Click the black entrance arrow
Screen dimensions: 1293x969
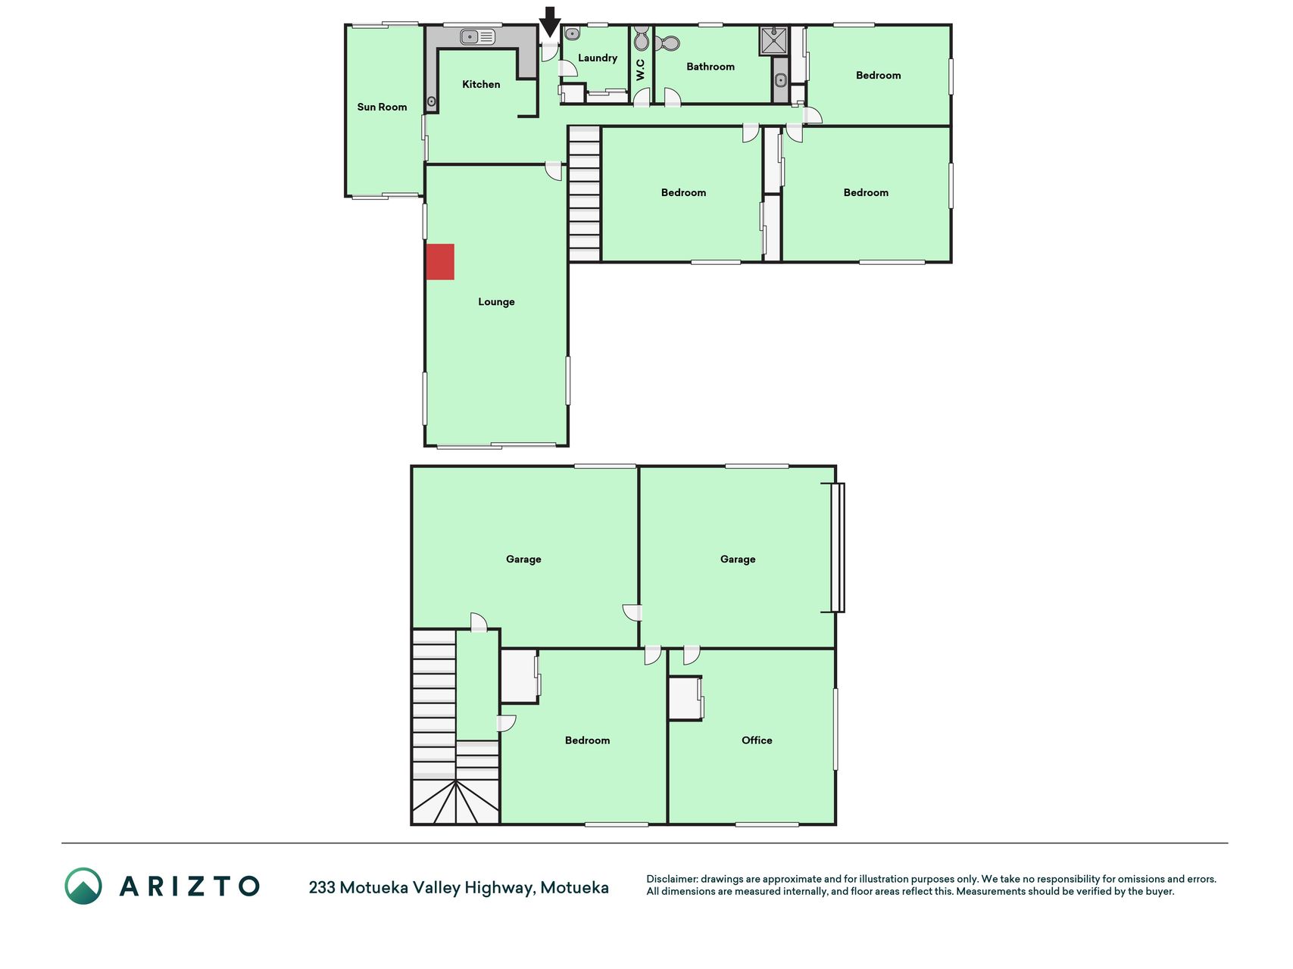pos(550,21)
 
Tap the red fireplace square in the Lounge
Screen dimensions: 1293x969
pos(440,262)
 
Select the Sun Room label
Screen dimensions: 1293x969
pos(382,107)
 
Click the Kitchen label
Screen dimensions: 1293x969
pos(481,84)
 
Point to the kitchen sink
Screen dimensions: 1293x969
pos(477,36)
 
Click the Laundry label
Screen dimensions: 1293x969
pos(598,58)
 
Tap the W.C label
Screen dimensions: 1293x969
pos(641,70)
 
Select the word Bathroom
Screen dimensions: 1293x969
pos(711,67)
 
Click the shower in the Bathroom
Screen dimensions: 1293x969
pos(774,41)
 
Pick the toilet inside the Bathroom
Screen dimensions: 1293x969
pos(667,44)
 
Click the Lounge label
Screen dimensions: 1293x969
pos(496,302)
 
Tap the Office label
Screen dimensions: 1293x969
pos(757,740)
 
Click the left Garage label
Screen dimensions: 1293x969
pos(523,559)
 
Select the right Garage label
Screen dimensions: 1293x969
pos(738,559)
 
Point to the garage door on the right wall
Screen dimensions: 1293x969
pos(838,547)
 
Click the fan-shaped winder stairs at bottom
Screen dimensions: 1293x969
pos(455,802)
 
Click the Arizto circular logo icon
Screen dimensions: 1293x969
pos(83,886)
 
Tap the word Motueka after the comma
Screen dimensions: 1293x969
pos(574,887)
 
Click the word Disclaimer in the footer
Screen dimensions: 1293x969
pos(672,879)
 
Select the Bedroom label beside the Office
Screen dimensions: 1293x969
pos(587,740)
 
